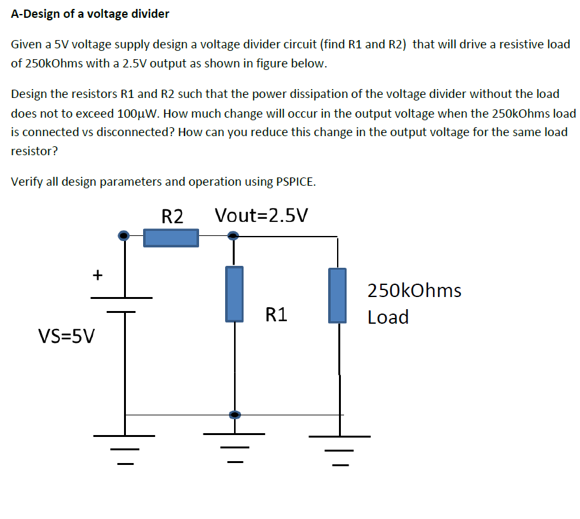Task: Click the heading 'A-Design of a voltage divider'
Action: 90,13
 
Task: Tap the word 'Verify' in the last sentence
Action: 25,181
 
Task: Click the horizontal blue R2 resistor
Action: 170,237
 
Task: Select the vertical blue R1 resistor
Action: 235,293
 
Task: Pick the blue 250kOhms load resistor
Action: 338,294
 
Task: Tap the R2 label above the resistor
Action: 172,216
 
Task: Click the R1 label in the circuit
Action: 276,314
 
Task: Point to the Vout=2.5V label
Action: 261,216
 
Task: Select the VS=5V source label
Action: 66,335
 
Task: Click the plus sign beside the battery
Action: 97,275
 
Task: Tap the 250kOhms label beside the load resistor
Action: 414,291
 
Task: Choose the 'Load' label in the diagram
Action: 388,317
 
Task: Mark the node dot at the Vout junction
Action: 233,236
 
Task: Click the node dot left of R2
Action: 124,236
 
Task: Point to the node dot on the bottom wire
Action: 235,415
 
